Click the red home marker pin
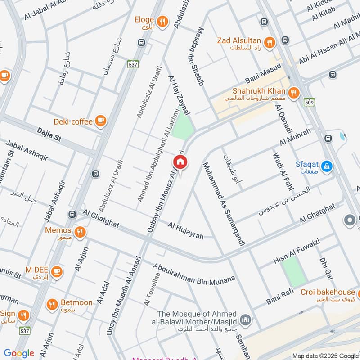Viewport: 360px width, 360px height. pos(180,162)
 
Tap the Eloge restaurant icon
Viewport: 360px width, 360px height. pos(162,20)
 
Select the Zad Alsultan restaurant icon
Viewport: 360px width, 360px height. pos(270,42)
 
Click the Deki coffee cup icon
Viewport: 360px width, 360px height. pos(100,121)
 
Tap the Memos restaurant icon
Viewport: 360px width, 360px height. pos(80,232)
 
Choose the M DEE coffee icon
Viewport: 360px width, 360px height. pos(57,271)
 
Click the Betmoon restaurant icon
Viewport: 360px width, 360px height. pos(53,304)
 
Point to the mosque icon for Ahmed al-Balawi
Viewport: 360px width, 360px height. pos(245,320)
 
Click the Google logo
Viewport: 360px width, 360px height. pos(19,353)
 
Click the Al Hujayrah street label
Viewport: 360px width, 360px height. pos(186,230)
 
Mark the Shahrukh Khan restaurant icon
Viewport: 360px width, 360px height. pos(294,93)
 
